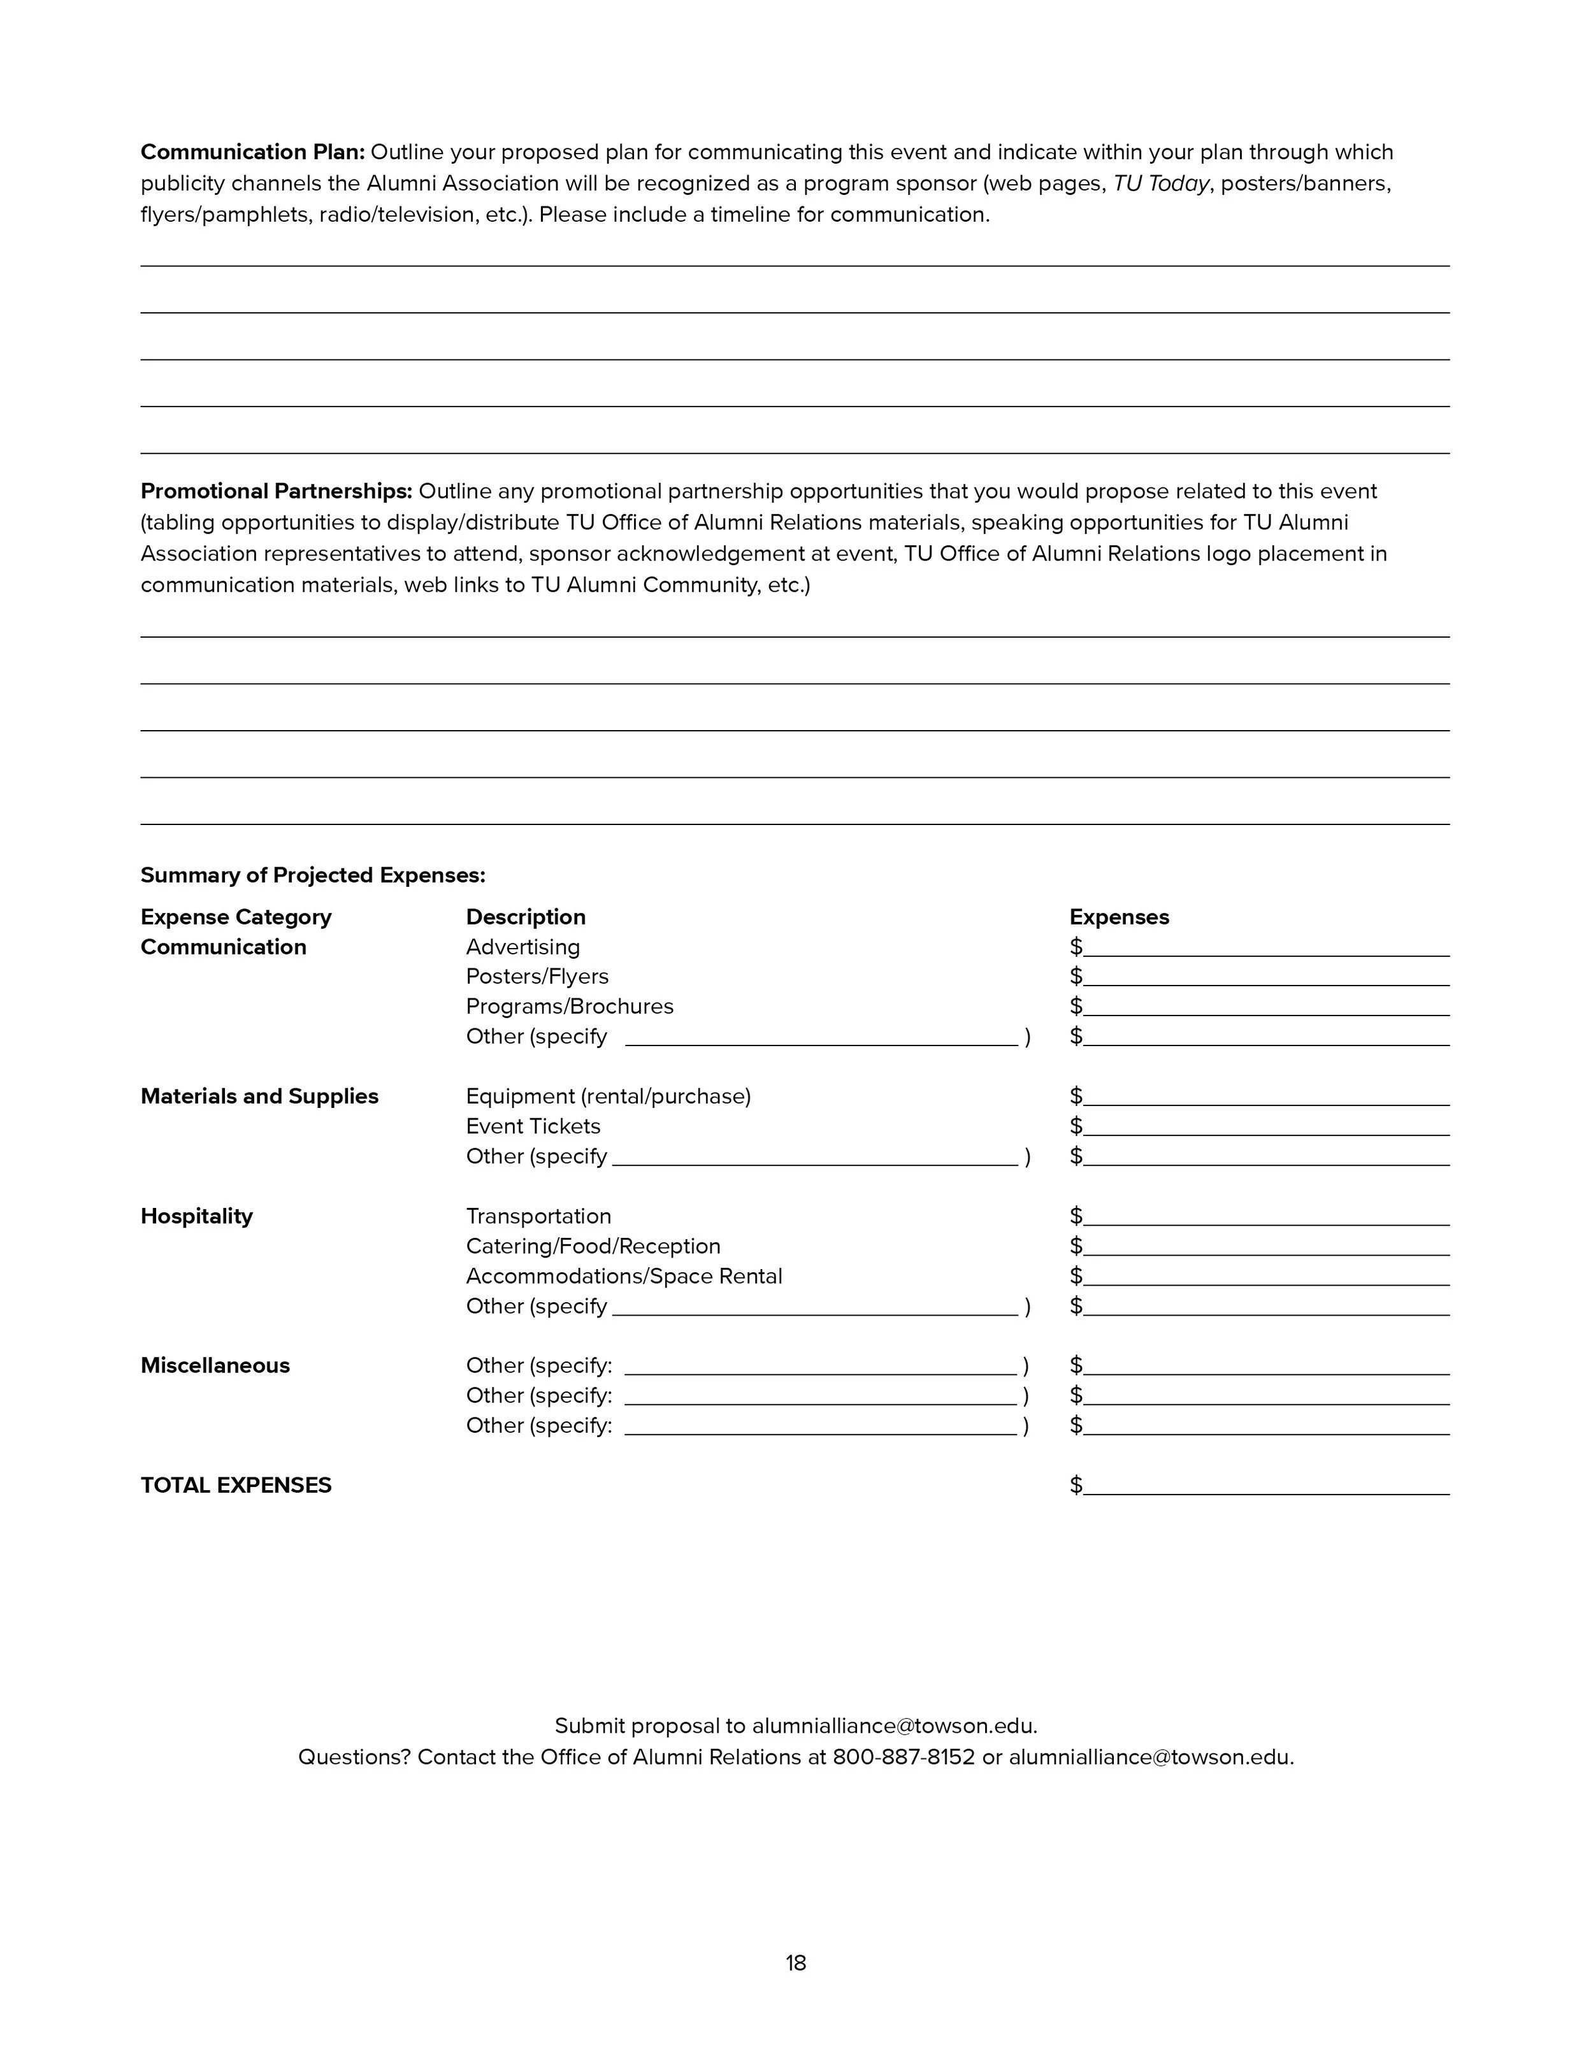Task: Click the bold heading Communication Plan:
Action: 252,152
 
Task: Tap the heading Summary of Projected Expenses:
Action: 312,875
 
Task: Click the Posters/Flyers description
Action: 537,977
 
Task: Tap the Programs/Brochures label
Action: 569,1007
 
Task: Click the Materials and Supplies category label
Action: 259,1096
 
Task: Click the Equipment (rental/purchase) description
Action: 608,1096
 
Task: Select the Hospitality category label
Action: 196,1216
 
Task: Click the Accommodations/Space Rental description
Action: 624,1277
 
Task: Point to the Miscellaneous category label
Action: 215,1365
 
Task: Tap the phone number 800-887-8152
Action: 903,1757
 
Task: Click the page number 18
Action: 796,1963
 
